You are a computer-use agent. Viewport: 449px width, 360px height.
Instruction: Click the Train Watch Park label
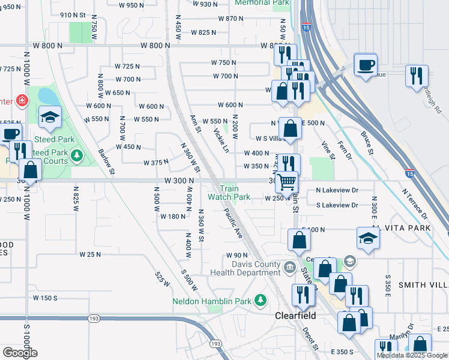[229, 193]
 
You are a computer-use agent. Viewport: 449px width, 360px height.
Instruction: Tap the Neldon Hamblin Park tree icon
[260, 299]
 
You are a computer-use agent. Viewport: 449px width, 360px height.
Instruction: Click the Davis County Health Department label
[246, 268]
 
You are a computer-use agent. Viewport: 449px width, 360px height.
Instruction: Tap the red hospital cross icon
[22, 100]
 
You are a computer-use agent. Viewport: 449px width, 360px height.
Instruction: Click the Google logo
[20, 353]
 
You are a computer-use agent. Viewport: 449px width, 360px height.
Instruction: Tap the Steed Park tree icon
[76, 157]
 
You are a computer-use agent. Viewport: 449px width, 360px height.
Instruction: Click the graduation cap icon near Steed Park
[50, 117]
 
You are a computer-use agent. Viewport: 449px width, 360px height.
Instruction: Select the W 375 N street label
[156, 163]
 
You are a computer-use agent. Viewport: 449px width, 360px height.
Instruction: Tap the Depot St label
[310, 338]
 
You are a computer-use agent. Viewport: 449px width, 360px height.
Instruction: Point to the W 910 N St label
[74, 15]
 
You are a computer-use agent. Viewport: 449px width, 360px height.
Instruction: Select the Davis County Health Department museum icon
[290, 266]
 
